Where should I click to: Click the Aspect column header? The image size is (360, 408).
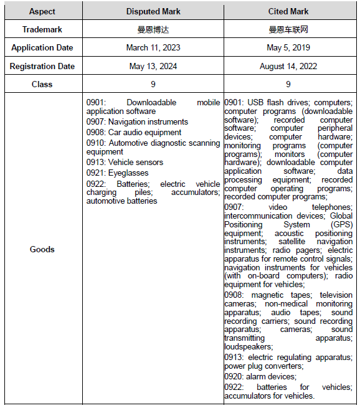point(42,11)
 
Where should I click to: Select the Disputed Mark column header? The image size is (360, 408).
point(153,11)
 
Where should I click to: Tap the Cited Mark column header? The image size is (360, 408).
point(288,11)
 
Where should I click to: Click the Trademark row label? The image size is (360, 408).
point(42,29)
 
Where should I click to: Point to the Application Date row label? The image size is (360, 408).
point(42,48)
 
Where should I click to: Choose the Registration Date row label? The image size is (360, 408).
point(42,66)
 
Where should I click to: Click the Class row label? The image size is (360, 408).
point(42,84)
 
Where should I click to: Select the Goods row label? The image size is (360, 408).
point(42,249)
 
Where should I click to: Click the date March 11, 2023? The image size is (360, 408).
point(153,48)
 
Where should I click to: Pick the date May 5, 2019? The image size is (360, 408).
point(288,48)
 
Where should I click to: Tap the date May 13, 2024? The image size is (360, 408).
point(153,66)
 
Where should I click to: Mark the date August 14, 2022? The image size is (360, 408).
point(288,66)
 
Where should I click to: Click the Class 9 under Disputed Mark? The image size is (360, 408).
point(153,84)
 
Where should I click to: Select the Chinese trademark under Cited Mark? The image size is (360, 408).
point(288,29)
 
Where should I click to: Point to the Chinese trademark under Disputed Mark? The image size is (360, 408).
point(153,29)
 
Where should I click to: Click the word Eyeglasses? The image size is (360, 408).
point(129,173)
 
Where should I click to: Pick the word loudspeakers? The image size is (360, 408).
point(249,346)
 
